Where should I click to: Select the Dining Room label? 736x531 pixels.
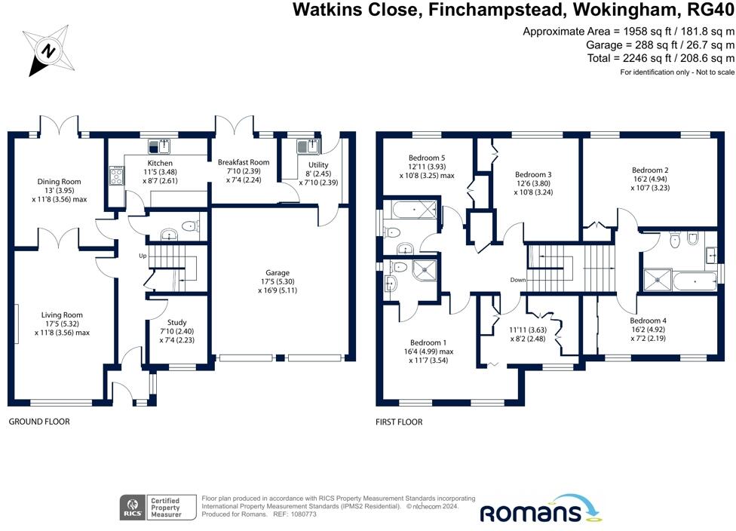[x=59, y=182]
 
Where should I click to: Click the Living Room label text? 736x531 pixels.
[x=62, y=315]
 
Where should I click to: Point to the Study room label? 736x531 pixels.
[x=176, y=322]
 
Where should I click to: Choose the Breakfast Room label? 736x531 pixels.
[x=244, y=162]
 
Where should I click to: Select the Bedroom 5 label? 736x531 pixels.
[x=427, y=158]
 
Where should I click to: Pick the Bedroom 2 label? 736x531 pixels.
[x=650, y=170]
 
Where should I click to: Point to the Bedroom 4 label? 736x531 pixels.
[x=648, y=320]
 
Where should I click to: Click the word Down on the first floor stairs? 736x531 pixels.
[x=517, y=280]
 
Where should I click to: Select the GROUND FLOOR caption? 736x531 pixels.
[x=39, y=422]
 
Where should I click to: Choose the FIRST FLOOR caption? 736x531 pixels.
[x=399, y=422]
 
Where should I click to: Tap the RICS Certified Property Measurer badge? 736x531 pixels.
[x=158, y=507]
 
